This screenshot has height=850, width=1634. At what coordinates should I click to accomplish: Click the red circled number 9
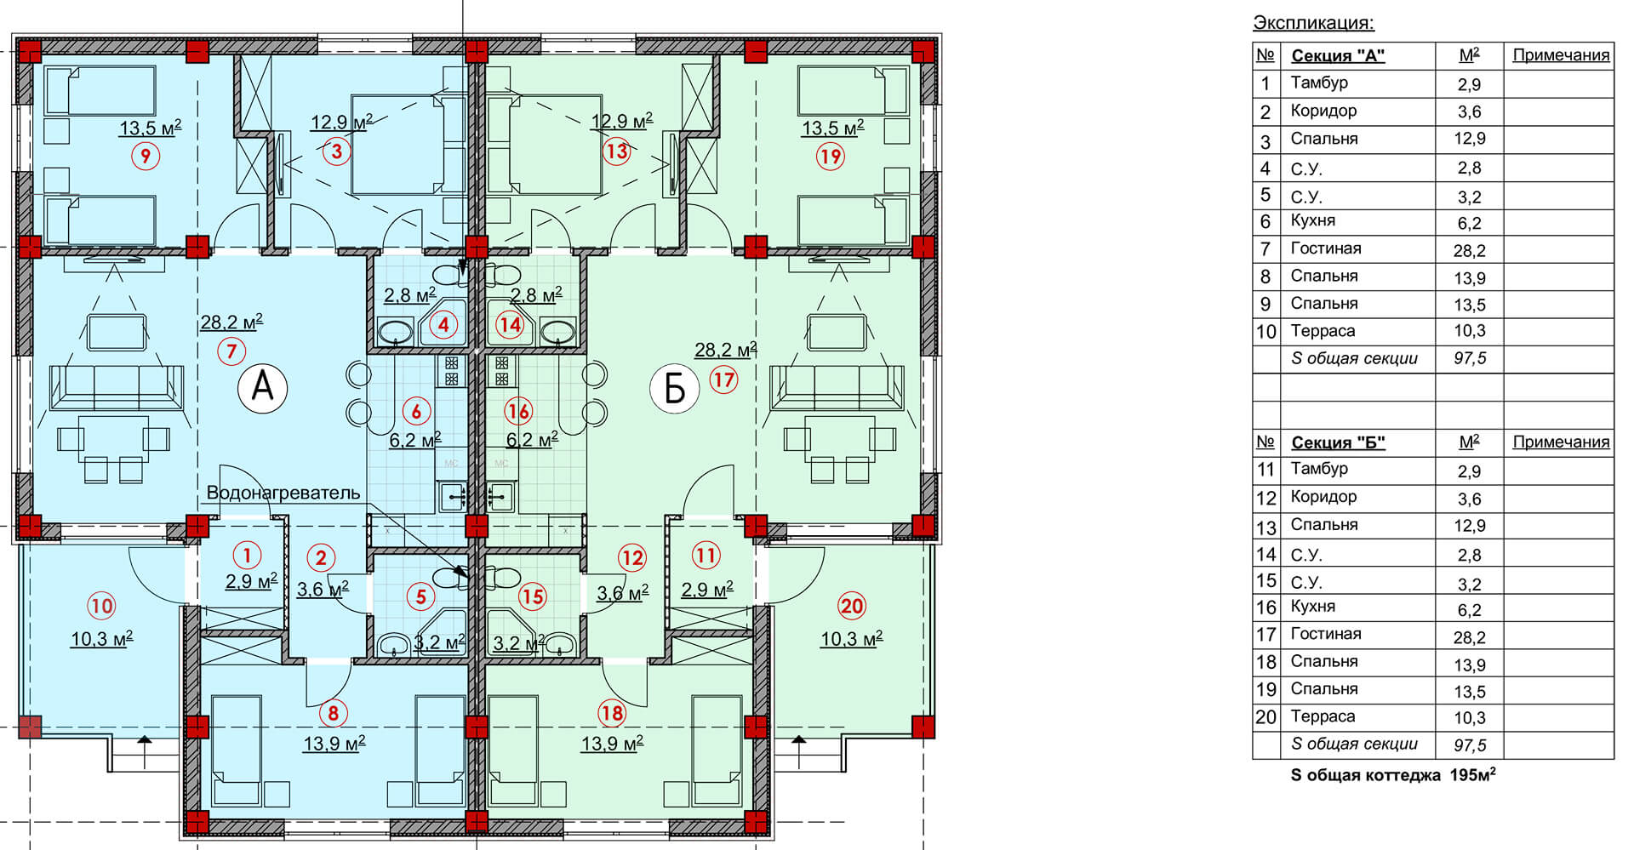point(146,156)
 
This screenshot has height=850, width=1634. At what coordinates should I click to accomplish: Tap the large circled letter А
point(263,388)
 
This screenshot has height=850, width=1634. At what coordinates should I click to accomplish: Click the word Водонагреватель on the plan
point(283,493)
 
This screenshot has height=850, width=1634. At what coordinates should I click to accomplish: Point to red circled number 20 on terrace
point(852,606)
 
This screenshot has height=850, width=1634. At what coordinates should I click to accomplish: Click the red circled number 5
point(420,596)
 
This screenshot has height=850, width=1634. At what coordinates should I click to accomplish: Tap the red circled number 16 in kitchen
point(517,412)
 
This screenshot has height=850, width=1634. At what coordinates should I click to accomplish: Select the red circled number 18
point(612,713)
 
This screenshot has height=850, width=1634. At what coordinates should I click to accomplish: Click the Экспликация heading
point(1314,23)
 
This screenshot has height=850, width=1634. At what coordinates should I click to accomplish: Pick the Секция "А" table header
point(1338,56)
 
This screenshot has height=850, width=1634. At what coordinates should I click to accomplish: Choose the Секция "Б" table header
point(1338,442)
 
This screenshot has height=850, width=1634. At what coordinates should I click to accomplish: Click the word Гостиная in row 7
point(1326,248)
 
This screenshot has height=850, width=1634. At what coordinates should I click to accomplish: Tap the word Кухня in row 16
point(1313,607)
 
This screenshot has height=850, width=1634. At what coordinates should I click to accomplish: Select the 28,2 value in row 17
point(1469,637)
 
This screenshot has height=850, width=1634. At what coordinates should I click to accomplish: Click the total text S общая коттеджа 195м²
point(1394,775)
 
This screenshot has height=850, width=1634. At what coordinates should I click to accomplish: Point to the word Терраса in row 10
point(1323,331)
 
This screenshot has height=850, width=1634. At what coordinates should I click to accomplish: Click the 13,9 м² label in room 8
point(334,744)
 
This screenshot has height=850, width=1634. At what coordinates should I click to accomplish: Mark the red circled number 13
point(616,151)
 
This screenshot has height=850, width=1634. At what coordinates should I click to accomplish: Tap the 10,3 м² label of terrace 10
point(101,639)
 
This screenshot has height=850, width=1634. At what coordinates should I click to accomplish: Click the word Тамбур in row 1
point(1319,83)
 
